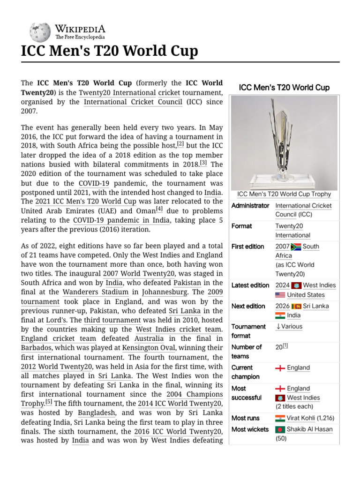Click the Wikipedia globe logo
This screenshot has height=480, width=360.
(x=40, y=32)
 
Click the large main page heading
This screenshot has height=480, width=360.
(x=110, y=51)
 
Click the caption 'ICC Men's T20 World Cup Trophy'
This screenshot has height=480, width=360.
(x=284, y=194)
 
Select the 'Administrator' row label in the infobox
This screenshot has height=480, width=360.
(x=250, y=206)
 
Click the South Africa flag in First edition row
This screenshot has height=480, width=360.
(x=296, y=247)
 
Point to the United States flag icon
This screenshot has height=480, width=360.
(x=280, y=295)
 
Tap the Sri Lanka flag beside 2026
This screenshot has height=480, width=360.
(x=296, y=306)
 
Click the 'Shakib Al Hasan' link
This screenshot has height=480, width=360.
(x=310, y=429)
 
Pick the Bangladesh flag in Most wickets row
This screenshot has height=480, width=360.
(x=280, y=429)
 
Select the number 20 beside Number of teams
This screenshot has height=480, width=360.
(x=279, y=347)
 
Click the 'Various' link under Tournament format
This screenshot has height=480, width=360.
(x=292, y=327)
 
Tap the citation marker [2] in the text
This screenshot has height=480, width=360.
(x=180, y=144)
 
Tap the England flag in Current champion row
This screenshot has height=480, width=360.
(x=280, y=368)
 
